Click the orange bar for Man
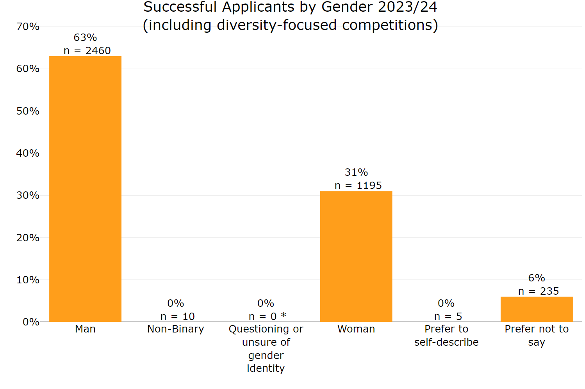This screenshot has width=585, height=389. pyautogui.click(x=85, y=189)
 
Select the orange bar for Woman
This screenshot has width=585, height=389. pyautogui.click(x=356, y=256)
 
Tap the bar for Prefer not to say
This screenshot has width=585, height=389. pyautogui.click(x=536, y=309)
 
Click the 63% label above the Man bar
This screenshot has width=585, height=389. pyautogui.click(x=85, y=37)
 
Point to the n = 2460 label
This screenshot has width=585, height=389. pyautogui.click(x=87, y=51)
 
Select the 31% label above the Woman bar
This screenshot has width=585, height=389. pyautogui.click(x=356, y=172)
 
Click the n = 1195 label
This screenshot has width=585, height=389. pyautogui.click(x=358, y=186)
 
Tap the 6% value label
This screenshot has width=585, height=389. pyautogui.click(x=536, y=278)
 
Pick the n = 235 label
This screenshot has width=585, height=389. pyautogui.click(x=538, y=291)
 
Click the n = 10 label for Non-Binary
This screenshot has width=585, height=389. pyautogui.click(x=177, y=317)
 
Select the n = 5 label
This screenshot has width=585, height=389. pyautogui.click(x=448, y=317)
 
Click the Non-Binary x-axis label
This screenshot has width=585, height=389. pyautogui.click(x=175, y=329)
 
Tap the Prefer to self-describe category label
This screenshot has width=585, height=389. pyautogui.click(x=446, y=336)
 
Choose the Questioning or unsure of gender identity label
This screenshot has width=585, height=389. pyautogui.click(x=266, y=348)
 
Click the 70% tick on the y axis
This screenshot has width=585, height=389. pyautogui.click(x=28, y=27)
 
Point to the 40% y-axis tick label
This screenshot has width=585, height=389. pyautogui.click(x=28, y=153)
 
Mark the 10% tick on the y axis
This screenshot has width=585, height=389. pyautogui.click(x=28, y=280)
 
